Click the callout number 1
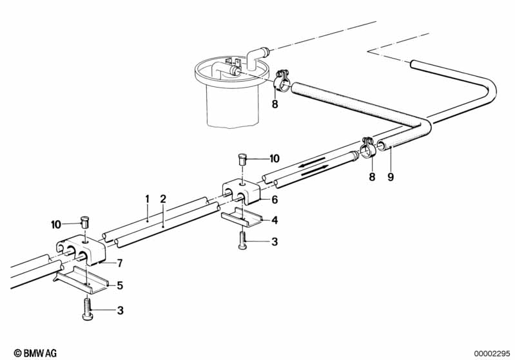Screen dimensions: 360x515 (147, 198)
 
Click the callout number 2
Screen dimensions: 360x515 (164, 198)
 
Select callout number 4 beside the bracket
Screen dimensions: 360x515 (275, 220)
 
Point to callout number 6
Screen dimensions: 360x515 (275, 200)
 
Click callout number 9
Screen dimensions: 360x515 (390, 176)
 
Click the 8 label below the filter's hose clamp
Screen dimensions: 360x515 (275, 104)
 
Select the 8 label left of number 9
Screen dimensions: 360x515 (371, 176)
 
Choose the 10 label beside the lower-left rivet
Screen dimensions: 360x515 (56, 224)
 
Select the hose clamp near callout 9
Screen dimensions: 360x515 (369, 150)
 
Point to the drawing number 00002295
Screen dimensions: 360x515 (492, 353)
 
